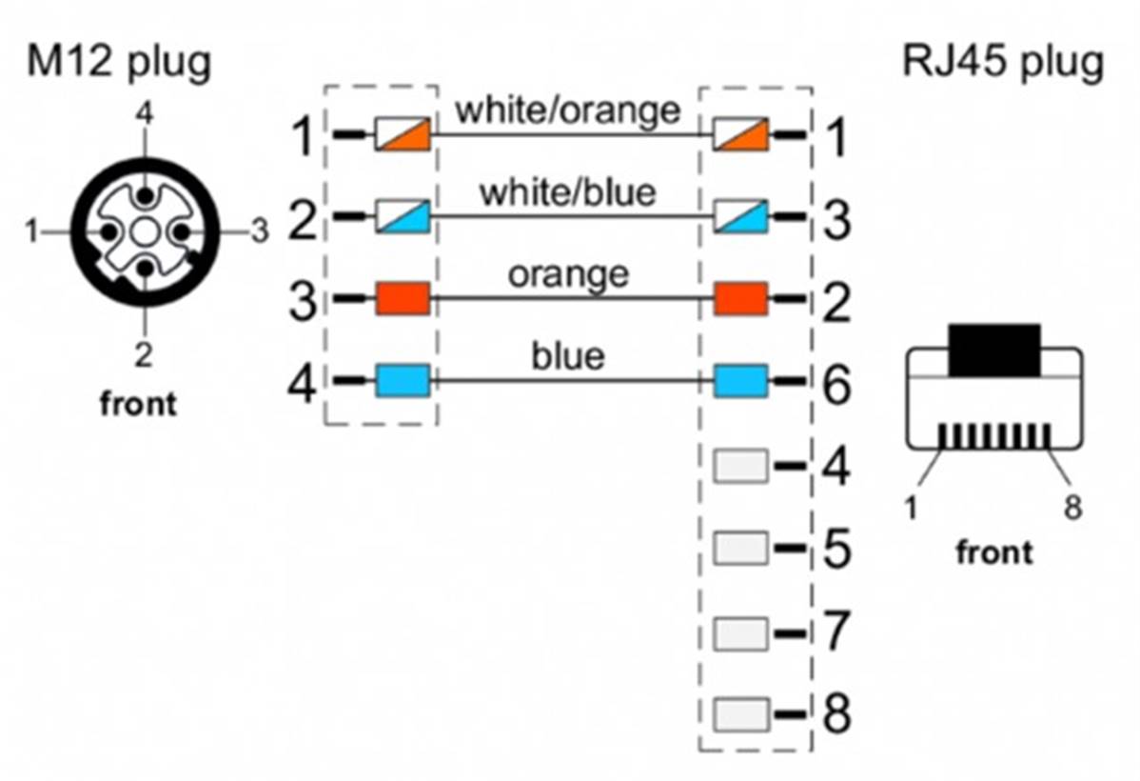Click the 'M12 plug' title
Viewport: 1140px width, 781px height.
point(119,63)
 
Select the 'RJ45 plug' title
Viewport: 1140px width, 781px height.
point(1003,63)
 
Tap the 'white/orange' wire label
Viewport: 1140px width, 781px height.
point(568,110)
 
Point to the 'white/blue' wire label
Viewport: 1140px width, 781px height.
point(568,192)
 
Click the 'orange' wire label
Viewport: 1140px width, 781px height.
point(568,274)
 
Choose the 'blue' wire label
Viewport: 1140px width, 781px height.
point(568,356)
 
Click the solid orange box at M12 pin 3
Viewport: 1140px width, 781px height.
point(403,298)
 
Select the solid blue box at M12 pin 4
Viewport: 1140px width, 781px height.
point(403,381)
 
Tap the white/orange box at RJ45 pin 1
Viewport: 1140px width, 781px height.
point(741,134)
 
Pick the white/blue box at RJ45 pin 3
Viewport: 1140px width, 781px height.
point(741,216)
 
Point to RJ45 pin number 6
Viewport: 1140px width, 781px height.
point(836,384)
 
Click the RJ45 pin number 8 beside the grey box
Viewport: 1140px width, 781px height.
point(836,713)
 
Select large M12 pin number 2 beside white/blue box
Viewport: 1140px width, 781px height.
point(303,218)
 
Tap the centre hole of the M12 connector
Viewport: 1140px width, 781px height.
point(145,233)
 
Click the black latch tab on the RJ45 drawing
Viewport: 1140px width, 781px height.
point(993,350)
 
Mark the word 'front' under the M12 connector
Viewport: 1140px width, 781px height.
point(137,404)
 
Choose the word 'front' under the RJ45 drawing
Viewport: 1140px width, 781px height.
point(993,551)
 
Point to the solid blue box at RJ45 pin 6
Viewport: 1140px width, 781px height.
point(741,381)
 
